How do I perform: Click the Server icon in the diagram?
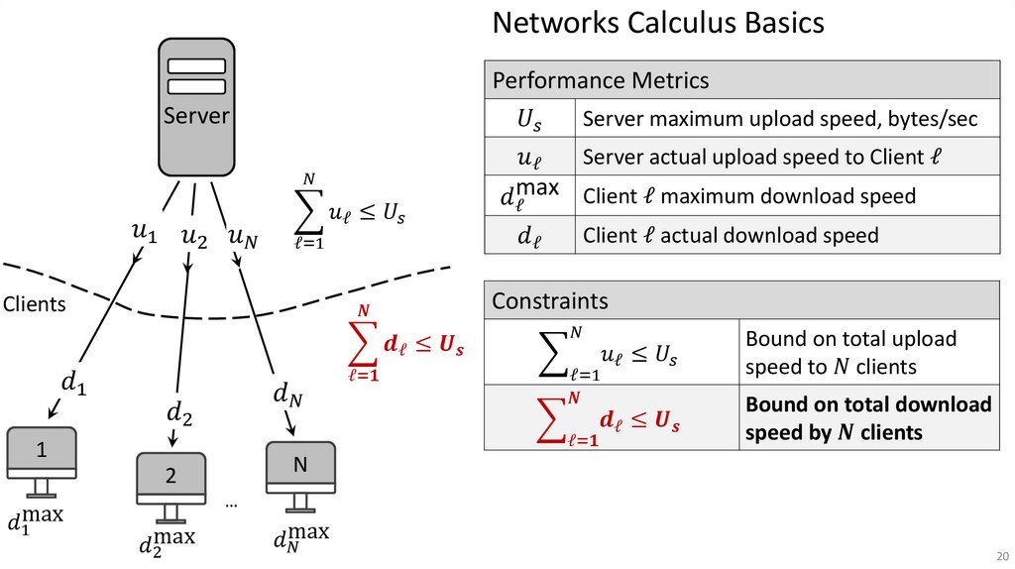tap(196, 106)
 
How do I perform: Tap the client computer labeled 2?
tap(170, 481)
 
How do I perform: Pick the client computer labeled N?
tap(300, 469)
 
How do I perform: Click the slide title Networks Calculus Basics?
tap(658, 23)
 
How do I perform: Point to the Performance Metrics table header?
tap(741, 80)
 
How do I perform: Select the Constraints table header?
tap(741, 300)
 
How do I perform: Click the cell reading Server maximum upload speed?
tap(779, 120)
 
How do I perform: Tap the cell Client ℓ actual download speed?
tap(731, 235)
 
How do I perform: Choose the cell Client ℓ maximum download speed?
tap(749, 196)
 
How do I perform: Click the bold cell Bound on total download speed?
tap(868, 418)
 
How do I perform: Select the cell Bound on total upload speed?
tap(850, 353)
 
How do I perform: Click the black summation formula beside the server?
tap(352, 211)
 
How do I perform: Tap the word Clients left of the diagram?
tap(34, 304)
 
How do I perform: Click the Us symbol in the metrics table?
tap(530, 120)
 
